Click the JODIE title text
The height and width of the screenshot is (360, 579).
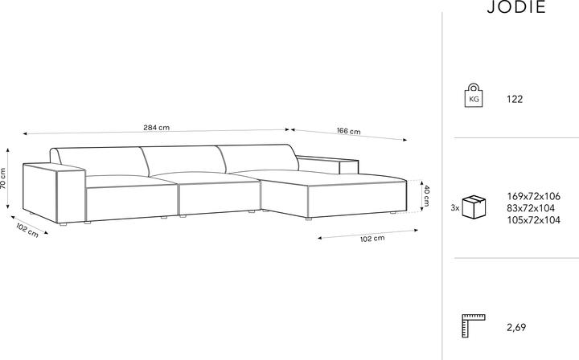coord(516,7)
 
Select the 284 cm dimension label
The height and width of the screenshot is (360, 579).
coord(157,128)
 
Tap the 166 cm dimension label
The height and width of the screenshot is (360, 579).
coord(348,131)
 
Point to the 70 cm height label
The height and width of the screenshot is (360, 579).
coord(3,178)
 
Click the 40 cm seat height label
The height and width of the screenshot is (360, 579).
coord(426,195)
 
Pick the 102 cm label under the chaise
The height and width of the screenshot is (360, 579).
coord(372,239)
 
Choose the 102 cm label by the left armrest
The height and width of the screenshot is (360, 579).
coord(27,231)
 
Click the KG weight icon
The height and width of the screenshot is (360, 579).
coord(474,96)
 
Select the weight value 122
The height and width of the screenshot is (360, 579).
coord(515,99)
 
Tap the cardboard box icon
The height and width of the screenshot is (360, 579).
coord(474,207)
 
